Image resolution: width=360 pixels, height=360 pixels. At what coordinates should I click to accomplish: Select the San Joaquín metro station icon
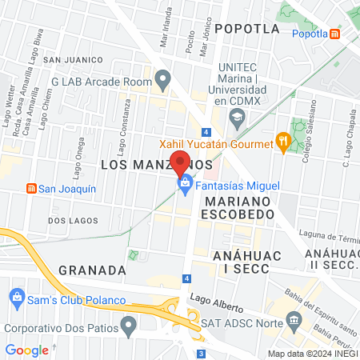pyautogui.click(x=31, y=189)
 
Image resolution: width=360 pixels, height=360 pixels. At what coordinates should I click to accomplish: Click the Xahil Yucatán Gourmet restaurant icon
pyautogui.click(x=282, y=142)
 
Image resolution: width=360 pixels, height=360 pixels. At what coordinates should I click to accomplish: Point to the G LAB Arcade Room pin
pyautogui.click(x=163, y=80)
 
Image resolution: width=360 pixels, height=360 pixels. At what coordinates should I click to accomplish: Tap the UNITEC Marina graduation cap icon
pyautogui.click(x=236, y=118)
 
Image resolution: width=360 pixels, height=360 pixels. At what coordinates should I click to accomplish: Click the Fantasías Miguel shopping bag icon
pyautogui.click(x=185, y=186)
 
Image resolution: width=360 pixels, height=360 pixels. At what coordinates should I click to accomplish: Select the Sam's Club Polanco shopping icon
pyautogui.click(x=15, y=300)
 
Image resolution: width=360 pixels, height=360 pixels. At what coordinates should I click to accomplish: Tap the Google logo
pyautogui.click(x=26, y=350)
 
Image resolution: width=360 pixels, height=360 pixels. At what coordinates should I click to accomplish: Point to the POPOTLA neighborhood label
pyautogui.click(x=247, y=29)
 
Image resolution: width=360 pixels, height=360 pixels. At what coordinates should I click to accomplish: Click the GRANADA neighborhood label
pyautogui.click(x=93, y=270)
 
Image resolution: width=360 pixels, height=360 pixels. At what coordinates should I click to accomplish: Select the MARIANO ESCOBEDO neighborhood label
pyautogui.click(x=238, y=207)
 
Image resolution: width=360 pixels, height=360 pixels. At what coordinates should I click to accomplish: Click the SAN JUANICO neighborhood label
pyautogui.click(x=74, y=59)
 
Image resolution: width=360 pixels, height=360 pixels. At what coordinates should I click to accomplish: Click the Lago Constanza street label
pyautogui.click(x=125, y=121)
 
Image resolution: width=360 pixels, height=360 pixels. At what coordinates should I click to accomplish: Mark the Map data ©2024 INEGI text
pyautogui.click(x=312, y=353)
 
